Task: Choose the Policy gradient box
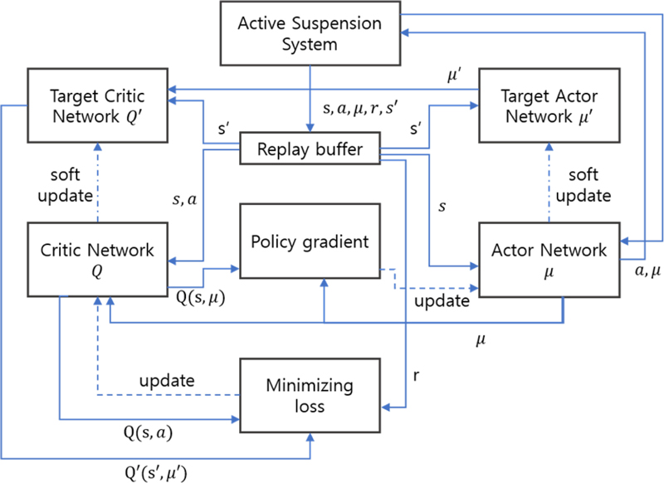[x=310, y=242]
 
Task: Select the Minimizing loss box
[x=310, y=396]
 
